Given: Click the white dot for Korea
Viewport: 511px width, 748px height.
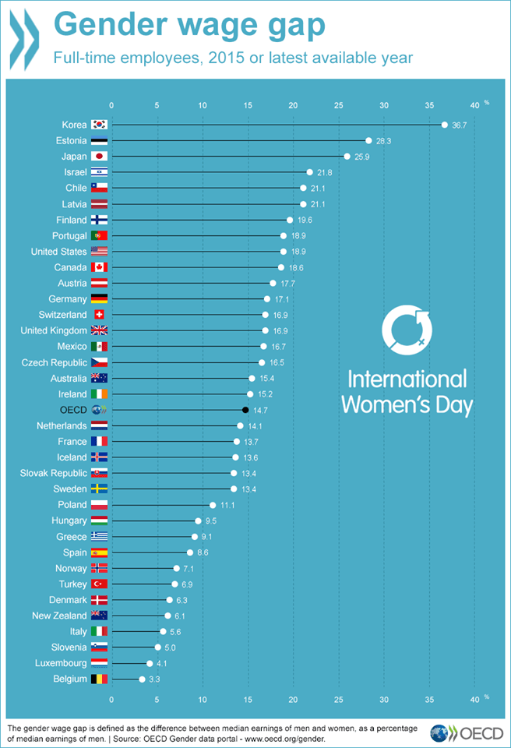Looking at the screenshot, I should pyautogui.click(x=444, y=125).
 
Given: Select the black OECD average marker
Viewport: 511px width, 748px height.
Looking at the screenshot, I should pyautogui.click(x=245, y=410).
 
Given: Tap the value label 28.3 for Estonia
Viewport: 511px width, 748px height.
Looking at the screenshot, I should pyautogui.click(x=382, y=141).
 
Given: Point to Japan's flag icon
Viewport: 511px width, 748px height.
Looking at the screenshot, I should pyautogui.click(x=99, y=157).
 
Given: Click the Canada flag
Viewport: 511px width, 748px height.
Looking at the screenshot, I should pyautogui.click(x=99, y=267).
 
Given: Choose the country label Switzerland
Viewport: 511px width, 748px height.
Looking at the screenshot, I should pyautogui.click(x=62, y=315).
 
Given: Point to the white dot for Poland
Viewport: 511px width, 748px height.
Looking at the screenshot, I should pyautogui.click(x=213, y=505).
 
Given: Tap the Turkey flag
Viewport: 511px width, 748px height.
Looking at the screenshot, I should pyautogui.click(x=99, y=584).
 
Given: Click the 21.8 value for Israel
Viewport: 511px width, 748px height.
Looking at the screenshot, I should pyautogui.click(x=323, y=172).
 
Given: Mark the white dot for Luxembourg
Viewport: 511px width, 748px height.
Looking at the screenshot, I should pyautogui.click(x=150, y=664).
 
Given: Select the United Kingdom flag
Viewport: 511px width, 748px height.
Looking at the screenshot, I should pyautogui.click(x=99, y=330).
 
